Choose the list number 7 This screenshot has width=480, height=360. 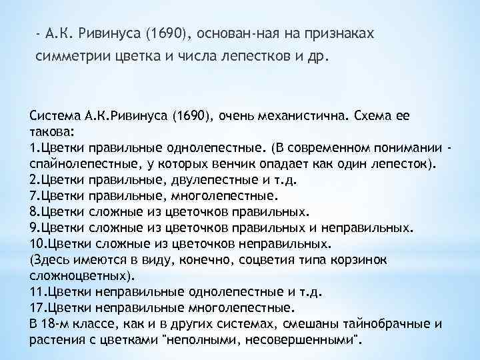(34, 195)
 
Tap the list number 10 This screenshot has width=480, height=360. (37, 243)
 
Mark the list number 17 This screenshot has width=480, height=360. (37, 308)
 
